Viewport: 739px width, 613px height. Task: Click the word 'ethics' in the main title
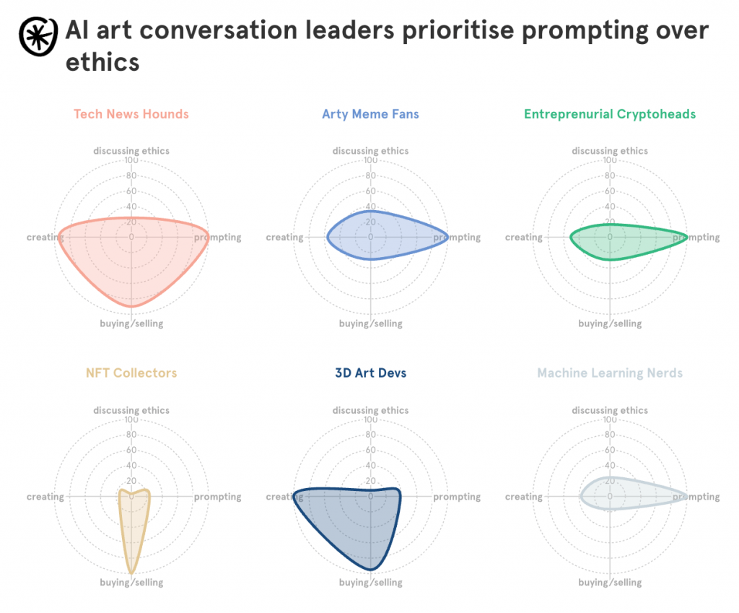click(102, 62)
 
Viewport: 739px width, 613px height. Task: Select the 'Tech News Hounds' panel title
click(131, 114)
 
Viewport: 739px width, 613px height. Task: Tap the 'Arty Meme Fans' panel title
click(370, 114)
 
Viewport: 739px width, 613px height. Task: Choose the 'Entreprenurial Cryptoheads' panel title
click(610, 114)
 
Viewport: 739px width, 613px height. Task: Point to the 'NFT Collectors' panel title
click(131, 373)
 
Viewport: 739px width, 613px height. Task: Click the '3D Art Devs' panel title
click(370, 373)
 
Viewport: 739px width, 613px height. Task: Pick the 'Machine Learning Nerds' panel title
click(610, 373)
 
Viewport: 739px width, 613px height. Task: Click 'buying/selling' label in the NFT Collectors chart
click(131, 583)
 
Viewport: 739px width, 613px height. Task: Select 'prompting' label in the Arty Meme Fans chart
click(457, 238)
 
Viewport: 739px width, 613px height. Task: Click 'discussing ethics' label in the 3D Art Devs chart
click(370, 411)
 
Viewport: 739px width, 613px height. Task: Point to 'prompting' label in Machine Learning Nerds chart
click(696, 497)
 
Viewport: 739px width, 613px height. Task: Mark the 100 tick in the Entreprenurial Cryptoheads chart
click(610, 160)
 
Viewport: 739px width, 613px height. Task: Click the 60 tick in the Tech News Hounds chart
click(131, 191)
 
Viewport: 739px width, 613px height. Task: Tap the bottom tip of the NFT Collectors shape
click(131, 573)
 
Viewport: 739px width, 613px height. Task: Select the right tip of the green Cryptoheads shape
click(686, 238)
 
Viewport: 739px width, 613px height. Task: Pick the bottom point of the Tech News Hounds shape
click(131, 307)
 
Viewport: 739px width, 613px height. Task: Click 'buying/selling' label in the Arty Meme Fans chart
click(370, 323)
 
